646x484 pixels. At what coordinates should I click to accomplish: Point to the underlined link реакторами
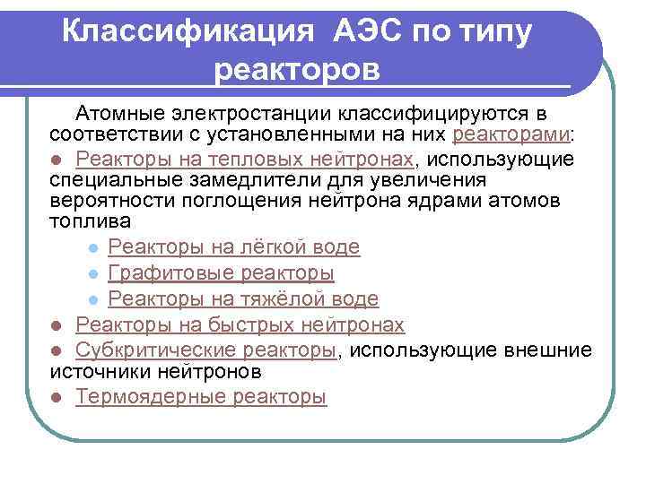pos(512,135)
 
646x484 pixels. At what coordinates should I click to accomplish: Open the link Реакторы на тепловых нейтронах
pos(244,160)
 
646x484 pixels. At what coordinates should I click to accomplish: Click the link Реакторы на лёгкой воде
pos(233,246)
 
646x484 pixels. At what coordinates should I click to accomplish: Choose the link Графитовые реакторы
pos(221,272)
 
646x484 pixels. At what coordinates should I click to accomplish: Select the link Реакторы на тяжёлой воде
pos(242,298)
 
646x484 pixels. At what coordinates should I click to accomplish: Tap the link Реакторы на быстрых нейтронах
pos(240,324)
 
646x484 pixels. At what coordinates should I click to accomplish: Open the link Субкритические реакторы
pos(205,350)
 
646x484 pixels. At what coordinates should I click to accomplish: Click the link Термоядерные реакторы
pos(201,396)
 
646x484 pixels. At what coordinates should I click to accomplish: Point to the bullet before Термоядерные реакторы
pos(57,397)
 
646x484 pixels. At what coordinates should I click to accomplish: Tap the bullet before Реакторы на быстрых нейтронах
pos(57,325)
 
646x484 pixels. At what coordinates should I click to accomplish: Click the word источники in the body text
pos(100,370)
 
